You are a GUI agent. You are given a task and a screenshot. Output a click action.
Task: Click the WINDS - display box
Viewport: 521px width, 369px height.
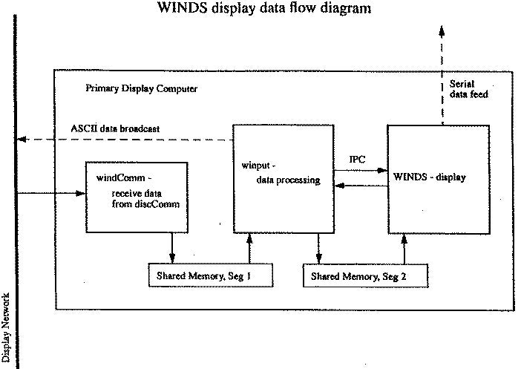pyautogui.click(x=438, y=179)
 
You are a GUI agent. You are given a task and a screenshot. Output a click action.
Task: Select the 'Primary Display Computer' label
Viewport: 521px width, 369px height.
pyautogui.click(x=142, y=89)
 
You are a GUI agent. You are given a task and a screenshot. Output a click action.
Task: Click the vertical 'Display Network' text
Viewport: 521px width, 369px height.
pyautogui.click(x=7, y=319)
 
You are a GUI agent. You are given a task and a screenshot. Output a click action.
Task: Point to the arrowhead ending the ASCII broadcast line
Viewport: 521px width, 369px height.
pyautogui.click(x=23, y=139)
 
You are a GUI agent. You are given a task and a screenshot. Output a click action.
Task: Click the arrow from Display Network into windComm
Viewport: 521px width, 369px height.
pyautogui.click(x=52, y=195)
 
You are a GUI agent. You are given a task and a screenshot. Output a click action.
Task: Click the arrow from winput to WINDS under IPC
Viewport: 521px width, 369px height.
pyautogui.click(x=359, y=171)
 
